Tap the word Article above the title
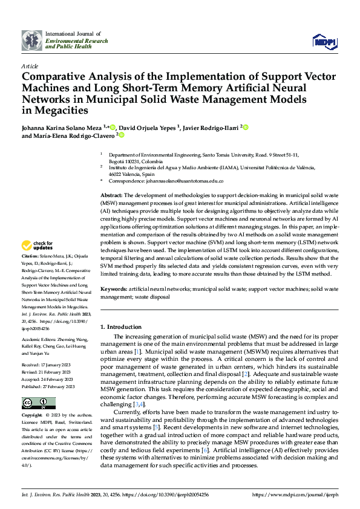click(30, 65)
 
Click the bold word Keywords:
click(114, 290)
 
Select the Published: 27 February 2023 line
click(48, 386)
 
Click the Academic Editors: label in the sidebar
click(41, 339)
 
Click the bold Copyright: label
click(33, 416)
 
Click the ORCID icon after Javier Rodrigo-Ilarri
click(246, 127)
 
